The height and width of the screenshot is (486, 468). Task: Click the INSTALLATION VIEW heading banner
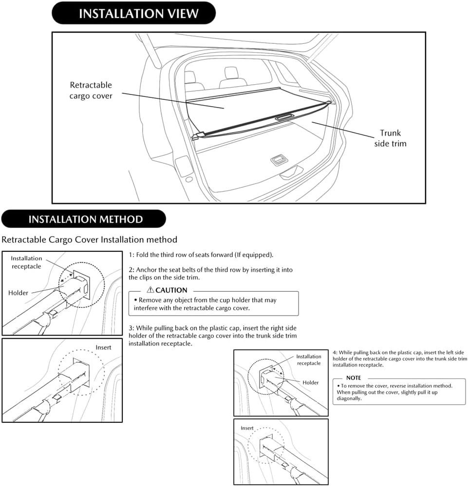[133, 13]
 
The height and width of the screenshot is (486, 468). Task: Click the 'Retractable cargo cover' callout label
[91, 91]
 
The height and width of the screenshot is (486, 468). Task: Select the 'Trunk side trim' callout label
[391, 138]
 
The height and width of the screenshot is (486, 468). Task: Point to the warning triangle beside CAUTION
[150, 290]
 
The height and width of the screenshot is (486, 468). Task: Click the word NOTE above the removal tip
[353, 378]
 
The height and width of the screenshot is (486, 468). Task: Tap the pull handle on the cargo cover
[285, 117]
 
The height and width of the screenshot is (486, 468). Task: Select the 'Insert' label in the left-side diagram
[103, 348]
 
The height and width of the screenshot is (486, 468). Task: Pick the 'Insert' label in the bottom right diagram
[247, 428]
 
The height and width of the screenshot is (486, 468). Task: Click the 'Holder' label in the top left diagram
[18, 293]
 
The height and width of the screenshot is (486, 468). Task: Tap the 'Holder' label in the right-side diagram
[311, 383]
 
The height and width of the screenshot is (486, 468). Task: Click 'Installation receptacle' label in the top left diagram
[26, 262]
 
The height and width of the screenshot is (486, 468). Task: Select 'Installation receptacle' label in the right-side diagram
[309, 360]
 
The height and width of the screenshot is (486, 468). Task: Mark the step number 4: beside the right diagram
[335, 353]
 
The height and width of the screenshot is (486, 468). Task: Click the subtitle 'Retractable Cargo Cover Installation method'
[90, 240]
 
